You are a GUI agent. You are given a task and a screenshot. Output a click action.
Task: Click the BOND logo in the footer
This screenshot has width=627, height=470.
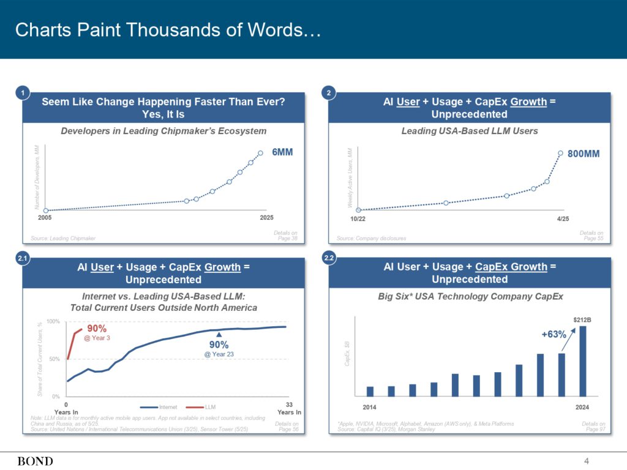click(x=36, y=461)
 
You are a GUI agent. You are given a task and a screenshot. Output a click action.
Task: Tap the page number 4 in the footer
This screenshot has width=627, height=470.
click(x=587, y=461)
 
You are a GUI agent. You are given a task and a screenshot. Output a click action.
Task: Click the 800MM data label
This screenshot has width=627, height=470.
click(x=584, y=154)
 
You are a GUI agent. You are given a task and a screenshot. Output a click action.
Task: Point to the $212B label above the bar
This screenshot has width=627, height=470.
click(x=582, y=319)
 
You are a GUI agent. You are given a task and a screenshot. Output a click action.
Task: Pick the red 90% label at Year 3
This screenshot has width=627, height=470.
click(x=97, y=329)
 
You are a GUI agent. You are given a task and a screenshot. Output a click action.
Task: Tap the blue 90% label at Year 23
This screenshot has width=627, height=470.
click(x=219, y=345)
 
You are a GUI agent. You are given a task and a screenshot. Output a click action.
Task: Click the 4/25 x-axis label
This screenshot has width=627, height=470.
click(x=563, y=218)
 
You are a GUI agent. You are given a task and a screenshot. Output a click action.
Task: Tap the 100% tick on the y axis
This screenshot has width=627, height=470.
click(x=53, y=321)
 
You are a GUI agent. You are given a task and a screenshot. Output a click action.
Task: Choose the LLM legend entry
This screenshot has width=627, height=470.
click(x=205, y=407)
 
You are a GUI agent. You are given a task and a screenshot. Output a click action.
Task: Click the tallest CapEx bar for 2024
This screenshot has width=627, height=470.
click(x=582, y=361)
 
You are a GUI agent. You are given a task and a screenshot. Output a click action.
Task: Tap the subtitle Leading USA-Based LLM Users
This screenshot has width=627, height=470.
click(x=470, y=130)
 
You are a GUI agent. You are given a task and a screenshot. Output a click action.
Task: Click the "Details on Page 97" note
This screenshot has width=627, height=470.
click(x=593, y=427)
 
